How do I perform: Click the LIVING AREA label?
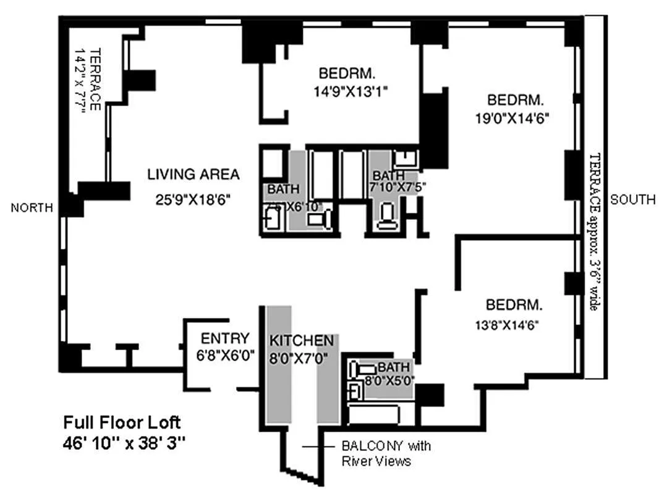pyautogui.click(x=193, y=175)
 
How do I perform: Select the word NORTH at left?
pyautogui.click(x=32, y=209)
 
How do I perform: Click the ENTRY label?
pyautogui.click(x=225, y=338)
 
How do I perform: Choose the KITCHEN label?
pyautogui.click(x=302, y=340)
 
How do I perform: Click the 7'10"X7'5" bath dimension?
pyautogui.click(x=398, y=186)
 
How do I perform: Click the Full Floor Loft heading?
pyautogui.click(x=122, y=423)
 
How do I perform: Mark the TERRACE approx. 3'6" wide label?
pyautogui.click(x=593, y=232)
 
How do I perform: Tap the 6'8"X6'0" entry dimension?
pyautogui.click(x=225, y=356)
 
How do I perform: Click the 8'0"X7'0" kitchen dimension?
pyautogui.click(x=302, y=357)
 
